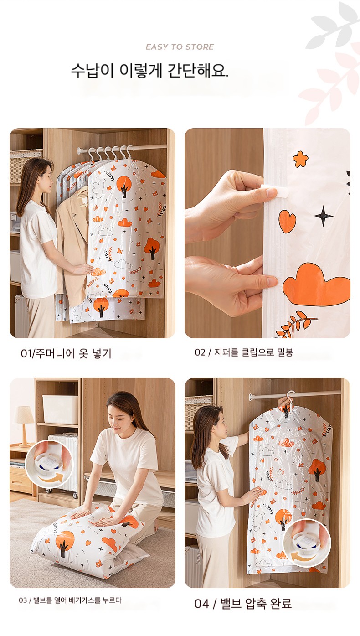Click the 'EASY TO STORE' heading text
(x=180, y=47)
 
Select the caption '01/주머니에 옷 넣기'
(x=66, y=353)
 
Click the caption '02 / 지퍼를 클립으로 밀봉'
(x=244, y=352)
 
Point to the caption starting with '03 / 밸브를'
(x=70, y=600)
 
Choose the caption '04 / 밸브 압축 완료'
(x=243, y=604)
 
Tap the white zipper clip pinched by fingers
(x=274, y=191)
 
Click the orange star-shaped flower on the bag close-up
(x=300, y=159)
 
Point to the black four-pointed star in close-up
(x=323, y=216)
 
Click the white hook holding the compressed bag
(x=289, y=398)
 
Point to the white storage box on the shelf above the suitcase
(x=60, y=409)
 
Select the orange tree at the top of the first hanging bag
(x=123, y=186)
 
